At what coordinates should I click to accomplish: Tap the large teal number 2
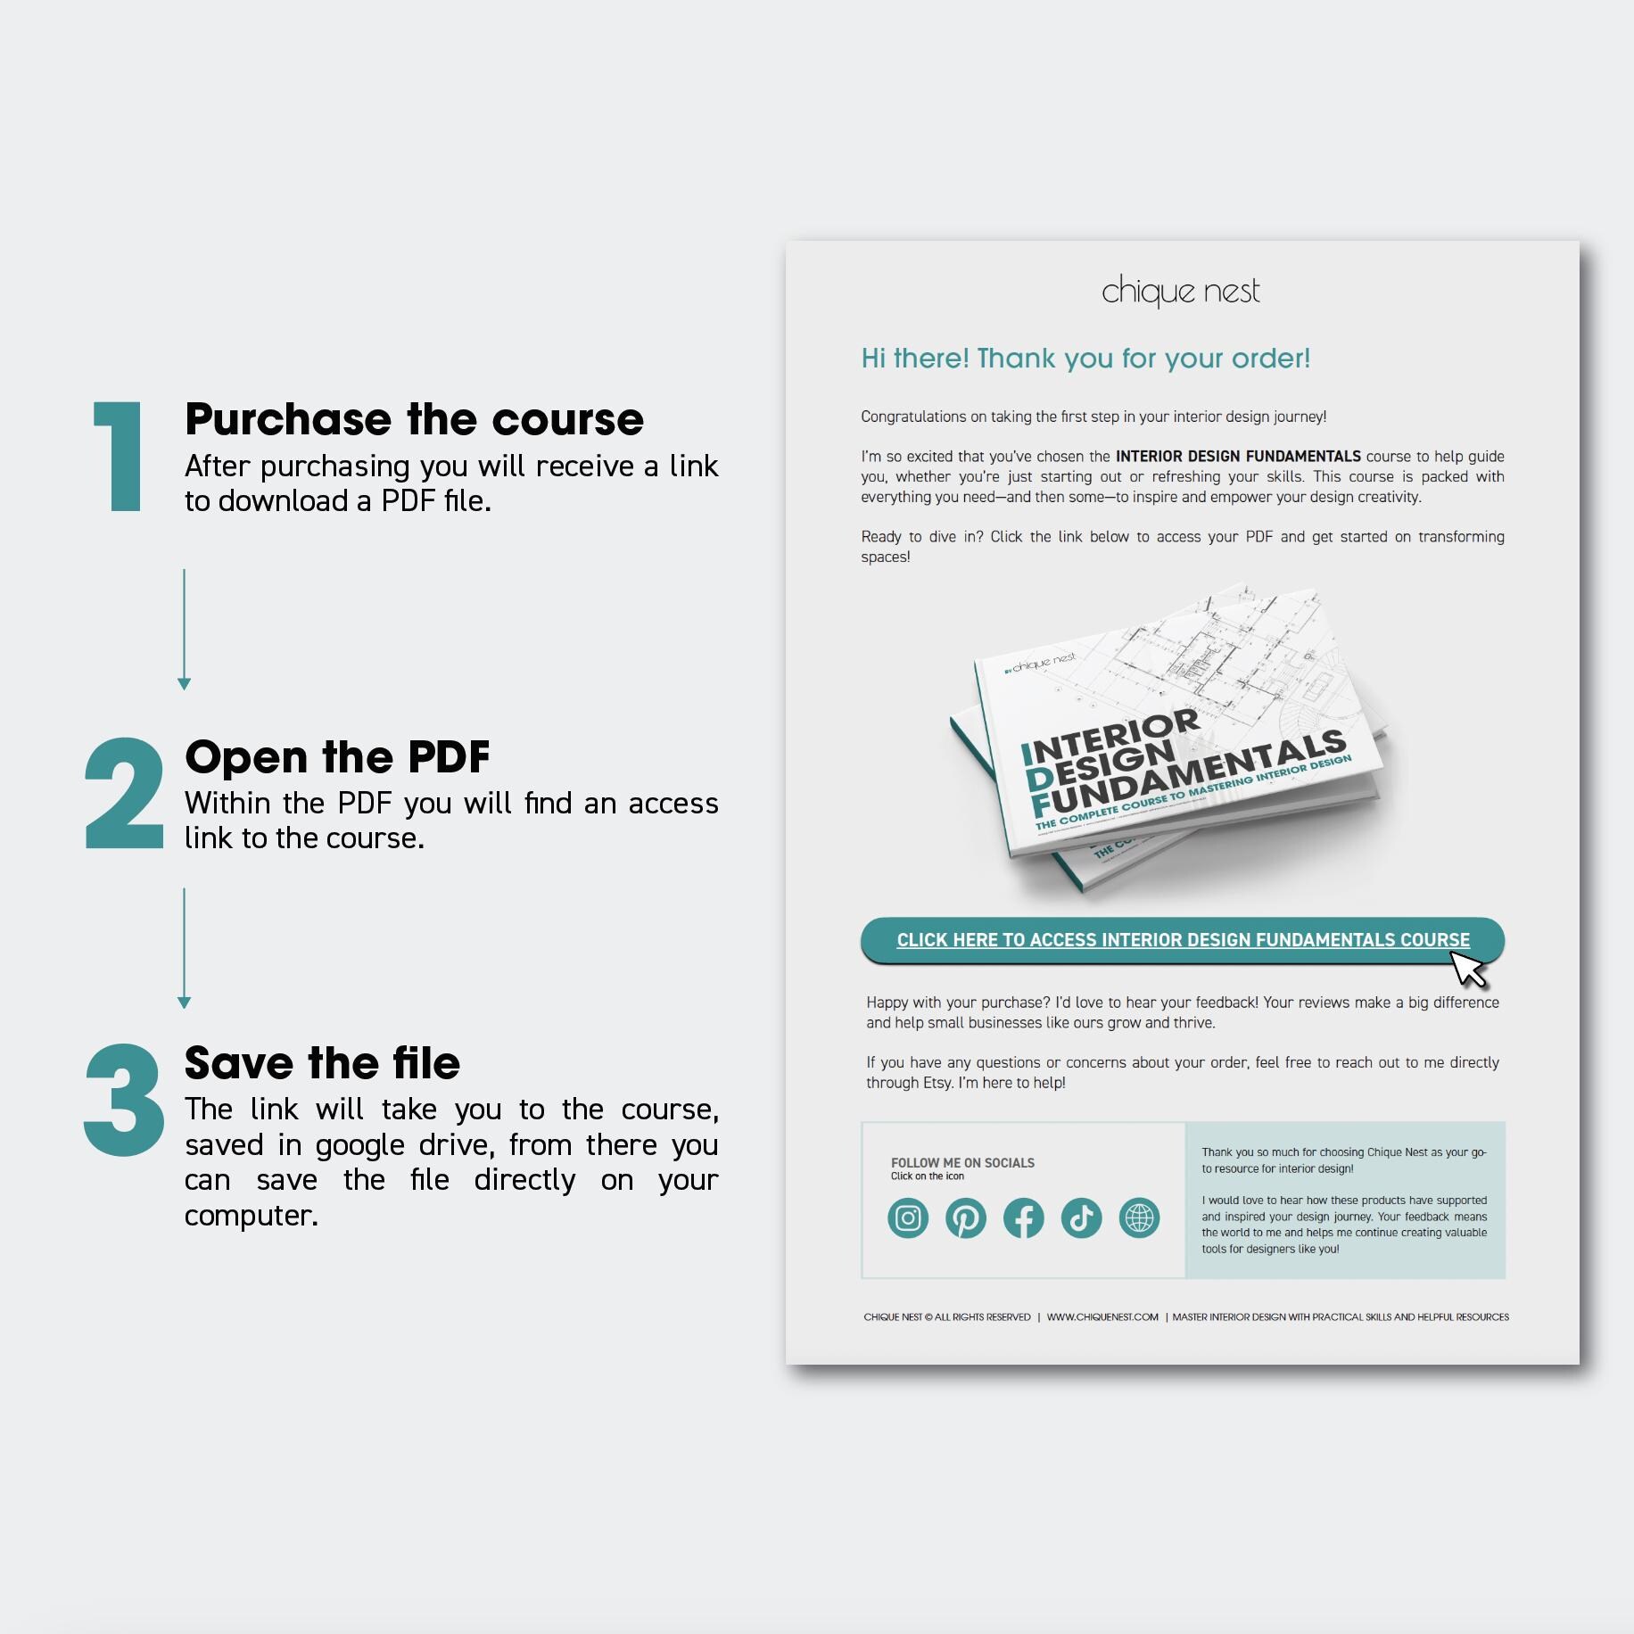(x=124, y=793)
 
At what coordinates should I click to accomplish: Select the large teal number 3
(x=124, y=1100)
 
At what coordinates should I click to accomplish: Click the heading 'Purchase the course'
(x=414, y=419)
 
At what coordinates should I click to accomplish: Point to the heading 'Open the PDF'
(x=337, y=757)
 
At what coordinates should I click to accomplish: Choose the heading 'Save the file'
(x=322, y=1063)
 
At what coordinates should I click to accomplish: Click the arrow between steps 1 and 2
(x=185, y=630)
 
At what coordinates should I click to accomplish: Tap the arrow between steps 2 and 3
(x=185, y=948)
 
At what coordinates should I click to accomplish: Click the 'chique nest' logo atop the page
(x=1181, y=292)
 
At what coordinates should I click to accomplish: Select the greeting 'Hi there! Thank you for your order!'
(x=1085, y=359)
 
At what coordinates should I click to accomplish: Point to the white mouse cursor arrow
(x=1468, y=970)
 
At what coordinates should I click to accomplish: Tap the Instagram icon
(x=908, y=1218)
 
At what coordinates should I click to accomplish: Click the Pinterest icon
(x=966, y=1218)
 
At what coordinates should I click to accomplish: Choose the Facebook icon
(x=1024, y=1218)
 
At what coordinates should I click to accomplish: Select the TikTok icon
(x=1082, y=1218)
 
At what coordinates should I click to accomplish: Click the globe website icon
(x=1140, y=1218)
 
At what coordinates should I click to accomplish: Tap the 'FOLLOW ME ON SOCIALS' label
(x=962, y=1163)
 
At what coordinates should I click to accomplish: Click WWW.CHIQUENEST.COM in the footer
(x=1102, y=1317)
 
